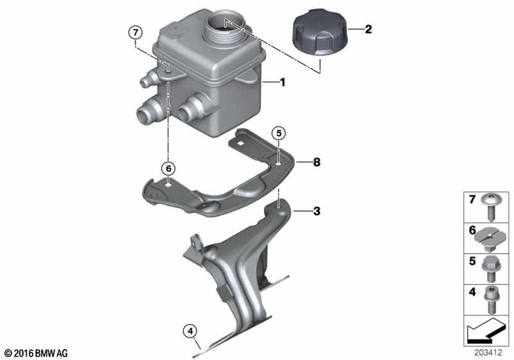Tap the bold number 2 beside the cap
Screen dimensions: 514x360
pos(369,29)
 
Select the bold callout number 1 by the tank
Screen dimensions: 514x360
pos(283,82)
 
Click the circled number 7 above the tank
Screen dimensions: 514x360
pos(136,33)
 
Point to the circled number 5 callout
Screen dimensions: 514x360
pos(279,133)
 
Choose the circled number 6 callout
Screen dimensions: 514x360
pos(168,169)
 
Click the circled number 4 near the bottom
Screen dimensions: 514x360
pos(191,332)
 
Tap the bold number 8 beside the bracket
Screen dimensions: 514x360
pos(317,162)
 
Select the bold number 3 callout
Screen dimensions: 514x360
pos(317,211)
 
